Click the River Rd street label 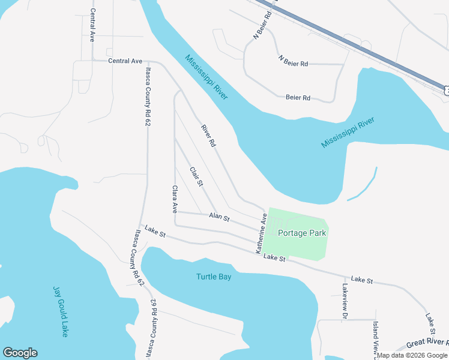click(x=208, y=136)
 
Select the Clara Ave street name click(x=175, y=200)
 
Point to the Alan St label click(x=219, y=217)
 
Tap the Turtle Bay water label click(x=213, y=277)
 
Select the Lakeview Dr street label click(x=345, y=301)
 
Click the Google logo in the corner click(x=20, y=353)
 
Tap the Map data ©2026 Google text click(x=412, y=355)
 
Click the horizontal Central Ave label click(x=125, y=61)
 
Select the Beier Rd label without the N click(x=298, y=97)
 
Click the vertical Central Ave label click(x=92, y=25)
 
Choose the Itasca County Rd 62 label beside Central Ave click(x=147, y=96)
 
